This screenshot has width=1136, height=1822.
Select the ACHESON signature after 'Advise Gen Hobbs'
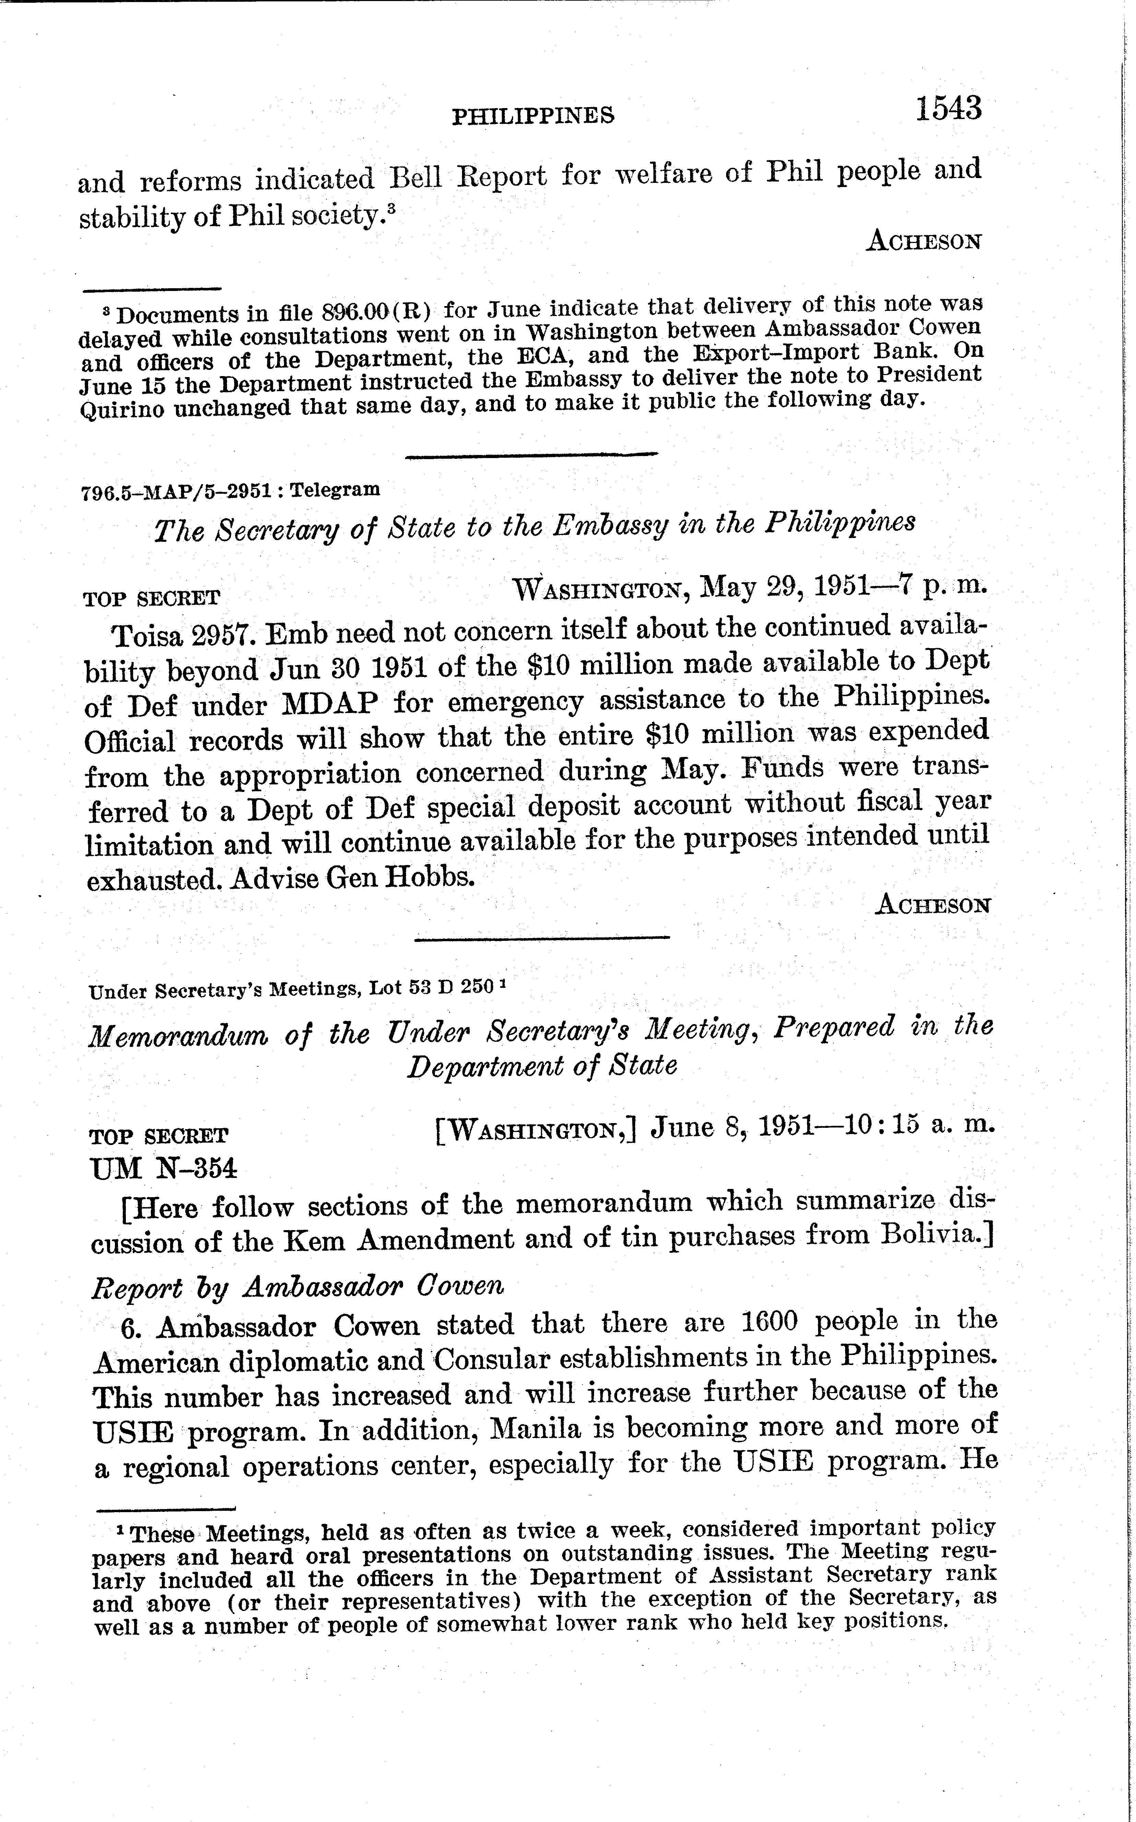click(932, 905)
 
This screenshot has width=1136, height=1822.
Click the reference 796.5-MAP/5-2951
click(176, 491)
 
